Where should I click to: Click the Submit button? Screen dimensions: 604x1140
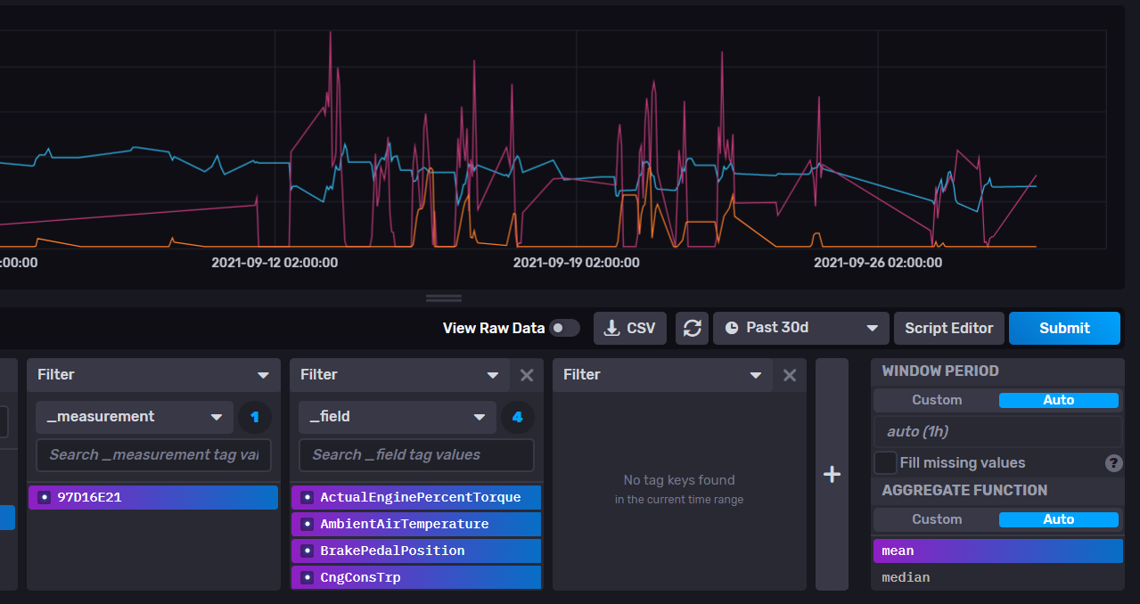click(1064, 328)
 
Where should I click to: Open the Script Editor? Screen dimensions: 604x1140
click(948, 328)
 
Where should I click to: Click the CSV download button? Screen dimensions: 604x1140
click(629, 328)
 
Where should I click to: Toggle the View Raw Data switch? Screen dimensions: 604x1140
click(564, 328)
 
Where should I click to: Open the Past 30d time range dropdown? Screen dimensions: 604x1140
click(800, 328)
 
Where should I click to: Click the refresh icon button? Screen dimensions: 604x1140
click(693, 328)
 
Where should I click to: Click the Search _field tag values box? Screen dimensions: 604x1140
click(416, 454)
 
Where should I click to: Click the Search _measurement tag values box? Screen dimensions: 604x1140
click(153, 454)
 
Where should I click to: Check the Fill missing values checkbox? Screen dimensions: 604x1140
click(885, 462)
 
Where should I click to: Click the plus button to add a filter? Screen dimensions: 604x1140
click(832, 474)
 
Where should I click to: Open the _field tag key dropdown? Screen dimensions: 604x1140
click(398, 416)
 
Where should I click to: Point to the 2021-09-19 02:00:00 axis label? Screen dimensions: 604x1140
click(576, 263)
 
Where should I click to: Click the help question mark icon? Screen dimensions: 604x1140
click(1113, 462)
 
